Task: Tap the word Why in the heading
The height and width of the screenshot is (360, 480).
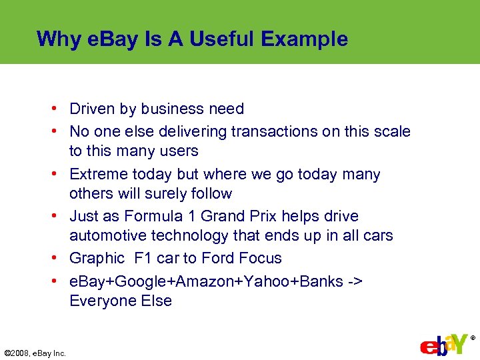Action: pos(59,39)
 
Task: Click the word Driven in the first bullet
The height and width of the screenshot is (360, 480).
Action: pos(91,109)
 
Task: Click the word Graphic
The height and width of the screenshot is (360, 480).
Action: pos(97,259)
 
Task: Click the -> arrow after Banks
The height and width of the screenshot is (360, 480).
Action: pos(355,281)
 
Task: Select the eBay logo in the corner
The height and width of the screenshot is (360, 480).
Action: pos(443,345)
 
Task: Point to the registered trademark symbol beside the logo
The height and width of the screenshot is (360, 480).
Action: pos(473,338)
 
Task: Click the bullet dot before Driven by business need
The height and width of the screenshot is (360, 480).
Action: pos(60,109)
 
